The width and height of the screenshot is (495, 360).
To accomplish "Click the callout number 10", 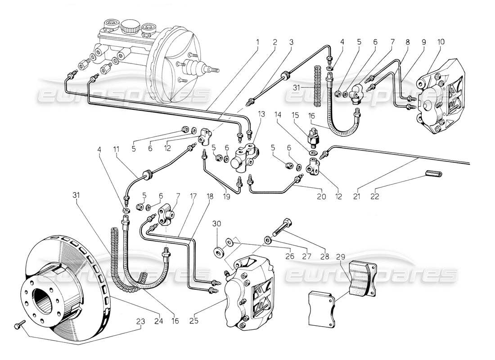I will (x=440, y=42).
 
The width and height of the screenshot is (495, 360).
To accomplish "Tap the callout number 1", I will (x=258, y=42).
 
